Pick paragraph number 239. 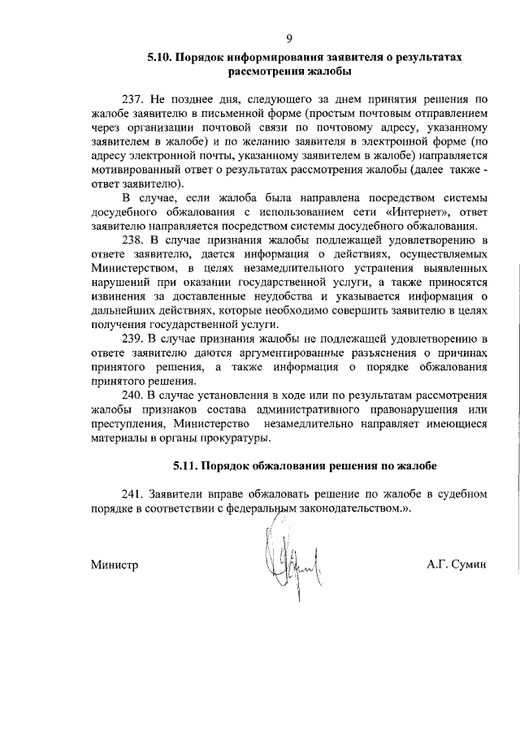click(x=135, y=337)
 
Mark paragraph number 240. click(x=135, y=396)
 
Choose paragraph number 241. click(x=135, y=494)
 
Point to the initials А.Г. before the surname click(x=437, y=565)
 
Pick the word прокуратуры click(x=228, y=439)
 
